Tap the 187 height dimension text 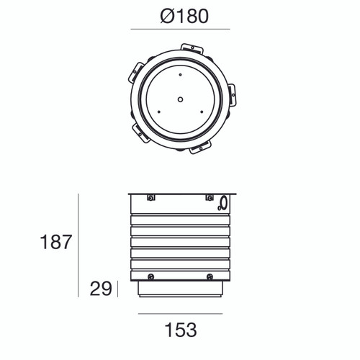pos(55,241)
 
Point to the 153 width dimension pos(179,330)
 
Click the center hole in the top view pos(180,99)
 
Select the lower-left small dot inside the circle pos(158,110)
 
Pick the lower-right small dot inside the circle pos(202,110)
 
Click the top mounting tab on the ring pos(192,48)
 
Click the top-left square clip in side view pos(150,198)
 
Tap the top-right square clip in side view pos(209,198)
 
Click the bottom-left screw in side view pos(150,276)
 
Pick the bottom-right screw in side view pos(209,276)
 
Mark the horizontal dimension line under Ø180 pos(179,30)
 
